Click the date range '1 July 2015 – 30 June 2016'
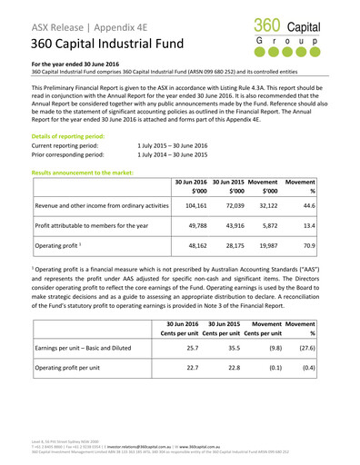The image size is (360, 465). click(173, 145)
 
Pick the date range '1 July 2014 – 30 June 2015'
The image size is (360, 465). click(173, 156)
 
